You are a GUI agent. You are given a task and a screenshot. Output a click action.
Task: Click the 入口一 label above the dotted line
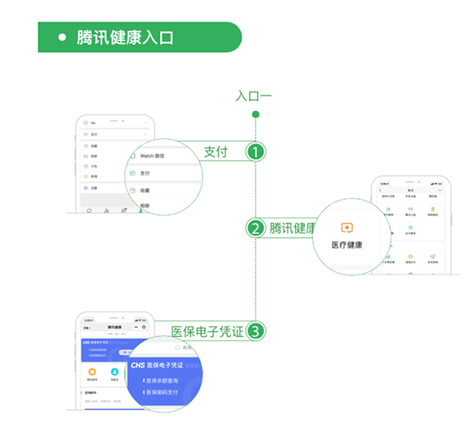pyautogui.click(x=254, y=96)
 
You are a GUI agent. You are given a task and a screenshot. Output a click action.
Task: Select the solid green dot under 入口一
pyautogui.click(x=255, y=115)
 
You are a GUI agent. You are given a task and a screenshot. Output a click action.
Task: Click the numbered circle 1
pyautogui.click(x=255, y=152)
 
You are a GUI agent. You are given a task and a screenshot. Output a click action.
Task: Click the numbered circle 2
pyautogui.click(x=255, y=229)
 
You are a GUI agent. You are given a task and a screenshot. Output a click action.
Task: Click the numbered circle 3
pyautogui.click(x=255, y=331)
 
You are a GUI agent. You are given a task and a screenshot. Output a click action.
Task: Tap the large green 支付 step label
pyautogui.click(x=215, y=152)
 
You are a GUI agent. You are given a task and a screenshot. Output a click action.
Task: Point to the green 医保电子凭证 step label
pyautogui.click(x=207, y=331)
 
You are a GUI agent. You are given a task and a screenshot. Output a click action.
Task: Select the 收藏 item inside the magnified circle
pyautogui.click(x=145, y=190)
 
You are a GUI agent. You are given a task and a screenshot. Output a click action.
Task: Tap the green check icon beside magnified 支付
pyautogui.click(x=132, y=173)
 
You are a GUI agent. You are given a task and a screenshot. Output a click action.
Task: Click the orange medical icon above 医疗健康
pyautogui.click(x=347, y=228)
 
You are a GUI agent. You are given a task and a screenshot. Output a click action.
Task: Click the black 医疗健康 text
pyautogui.click(x=347, y=245)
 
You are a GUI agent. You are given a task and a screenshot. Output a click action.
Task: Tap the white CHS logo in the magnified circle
pyautogui.click(x=138, y=366)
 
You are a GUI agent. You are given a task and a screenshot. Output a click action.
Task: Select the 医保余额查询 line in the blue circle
pyautogui.click(x=162, y=380)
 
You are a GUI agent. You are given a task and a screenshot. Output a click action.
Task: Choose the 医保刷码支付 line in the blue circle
pyautogui.click(x=162, y=392)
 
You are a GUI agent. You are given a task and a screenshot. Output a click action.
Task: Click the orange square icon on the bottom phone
pyautogui.click(x=91, y=371)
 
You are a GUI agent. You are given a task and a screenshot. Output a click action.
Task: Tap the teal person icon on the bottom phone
pyautogui.click(x=114, y=371)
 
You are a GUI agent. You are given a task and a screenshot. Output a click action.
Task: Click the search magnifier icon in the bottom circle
pyautogui.click(x=177, y=347)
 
